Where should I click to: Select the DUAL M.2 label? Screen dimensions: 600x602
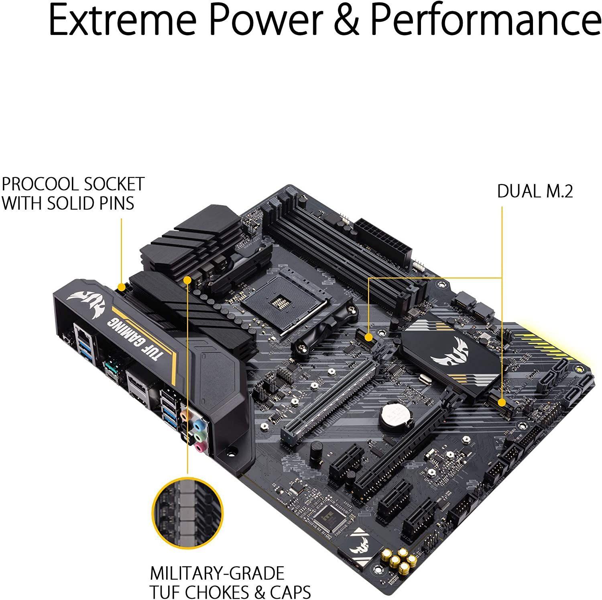click(535, 191)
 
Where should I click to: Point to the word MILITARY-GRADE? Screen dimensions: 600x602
click(217, 573)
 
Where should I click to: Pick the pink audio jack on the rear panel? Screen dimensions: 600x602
click(199, 447)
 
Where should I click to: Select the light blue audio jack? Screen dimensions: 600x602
click(197, 424)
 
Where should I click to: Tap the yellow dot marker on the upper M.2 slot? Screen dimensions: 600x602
click(368, 336)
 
